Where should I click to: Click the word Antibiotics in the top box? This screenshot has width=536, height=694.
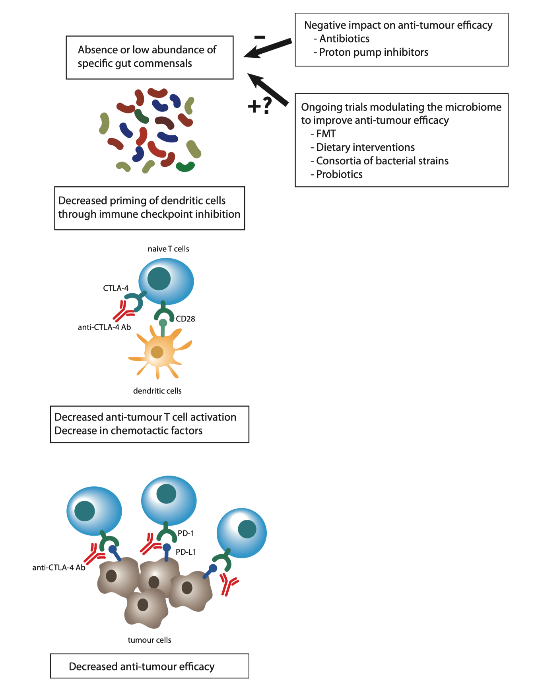tap(344, 39)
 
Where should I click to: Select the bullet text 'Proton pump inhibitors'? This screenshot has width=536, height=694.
tap(373, 52)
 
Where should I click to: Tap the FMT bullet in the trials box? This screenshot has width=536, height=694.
tap(326, 134)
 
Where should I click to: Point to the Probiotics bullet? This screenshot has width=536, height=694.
tap(339, 174)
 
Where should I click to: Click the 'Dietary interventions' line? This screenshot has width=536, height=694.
tap(365, 147)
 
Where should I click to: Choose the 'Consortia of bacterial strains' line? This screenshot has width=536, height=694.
tap(382, 161)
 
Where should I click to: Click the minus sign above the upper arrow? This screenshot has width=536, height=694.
tap(260, 37)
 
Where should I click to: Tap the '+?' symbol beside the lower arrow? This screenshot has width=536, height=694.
tap(260, 106)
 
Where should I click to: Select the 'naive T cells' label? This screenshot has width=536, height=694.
tap(168, 249)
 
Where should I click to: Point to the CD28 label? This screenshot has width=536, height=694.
tap(185, 319)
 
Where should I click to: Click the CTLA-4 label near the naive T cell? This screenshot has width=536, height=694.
tap(115, 288)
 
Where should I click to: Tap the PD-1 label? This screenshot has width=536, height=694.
tap(186, 533)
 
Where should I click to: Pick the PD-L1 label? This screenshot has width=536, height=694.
tap(186, 552)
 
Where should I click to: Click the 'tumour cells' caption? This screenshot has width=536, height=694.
tap(149, 640)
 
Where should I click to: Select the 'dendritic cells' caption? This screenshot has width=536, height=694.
tap(157, 391)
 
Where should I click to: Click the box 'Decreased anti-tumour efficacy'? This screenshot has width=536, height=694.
tap(150, 666)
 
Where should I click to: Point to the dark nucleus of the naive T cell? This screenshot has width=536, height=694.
tap(159, 279)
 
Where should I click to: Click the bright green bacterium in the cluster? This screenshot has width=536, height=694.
tap(185, 167)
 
